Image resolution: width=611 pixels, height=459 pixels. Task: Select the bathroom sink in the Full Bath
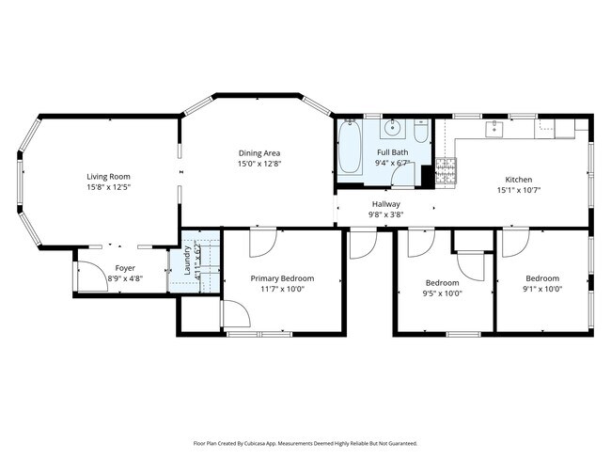pyautogui.click(x=393, y=129)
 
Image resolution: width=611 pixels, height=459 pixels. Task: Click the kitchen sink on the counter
pyautogui.click(x=492, y=128)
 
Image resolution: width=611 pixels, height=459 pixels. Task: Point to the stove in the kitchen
pyautogui.click(x=446, y=170)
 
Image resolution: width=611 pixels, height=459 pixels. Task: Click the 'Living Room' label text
pyautogui.click(x=108, y=177)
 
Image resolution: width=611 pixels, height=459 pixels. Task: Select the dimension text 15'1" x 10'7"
pyautogui.click(x=519, y=190)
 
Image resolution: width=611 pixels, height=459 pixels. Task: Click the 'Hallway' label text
pyautogui.click(x=385, y=204)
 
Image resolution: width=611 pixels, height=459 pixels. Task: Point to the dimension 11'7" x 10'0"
pyautogui.click(x=281, y=290)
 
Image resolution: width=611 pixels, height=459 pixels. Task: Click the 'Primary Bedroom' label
pyautogui.click(x=281, y=278)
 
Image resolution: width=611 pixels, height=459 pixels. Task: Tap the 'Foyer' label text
pyautogui.click(x=125, y=268)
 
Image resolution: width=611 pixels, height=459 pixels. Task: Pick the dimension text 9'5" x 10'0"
pyautogui.click(x=443, y=293)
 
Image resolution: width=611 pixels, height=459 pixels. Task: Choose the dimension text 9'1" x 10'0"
pyautogui.click(x=542, y=290)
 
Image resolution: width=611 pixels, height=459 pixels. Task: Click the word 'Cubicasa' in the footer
pyautogui.click(x=261, y=443)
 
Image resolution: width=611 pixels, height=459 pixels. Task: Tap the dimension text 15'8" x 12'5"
pyautogui.click(x=108, y=188)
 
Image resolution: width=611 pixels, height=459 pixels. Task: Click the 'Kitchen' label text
pyautogui.click(x=519, y=180)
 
